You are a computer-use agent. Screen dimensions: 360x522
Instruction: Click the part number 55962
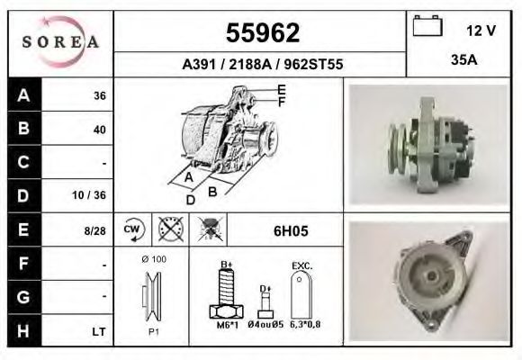262,33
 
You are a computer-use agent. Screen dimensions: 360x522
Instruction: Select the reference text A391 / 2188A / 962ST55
262,65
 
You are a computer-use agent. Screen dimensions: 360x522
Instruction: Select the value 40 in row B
99,130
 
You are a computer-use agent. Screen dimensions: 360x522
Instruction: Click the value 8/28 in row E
94,230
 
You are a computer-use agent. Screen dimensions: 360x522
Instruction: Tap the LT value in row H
99,332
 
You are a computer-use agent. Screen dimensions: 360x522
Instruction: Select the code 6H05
290,231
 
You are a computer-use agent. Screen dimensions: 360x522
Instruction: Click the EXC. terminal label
301,266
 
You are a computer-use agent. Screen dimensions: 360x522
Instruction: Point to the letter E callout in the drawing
281,89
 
